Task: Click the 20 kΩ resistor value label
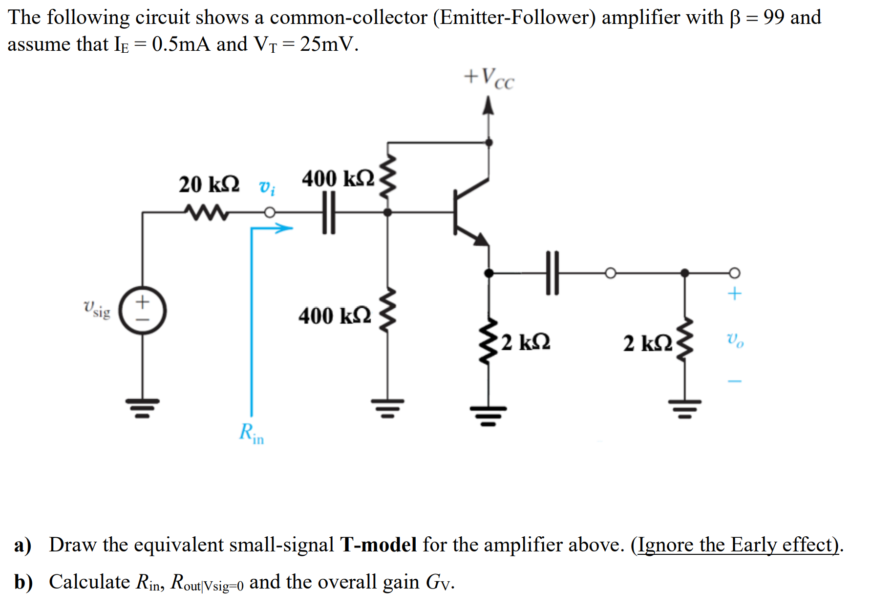[209, 185]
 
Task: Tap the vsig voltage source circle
[143, 311]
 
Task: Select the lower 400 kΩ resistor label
[335, 316]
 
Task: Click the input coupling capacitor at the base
[329, 212]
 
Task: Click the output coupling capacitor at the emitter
[552, 273]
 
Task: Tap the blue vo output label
[735, 339]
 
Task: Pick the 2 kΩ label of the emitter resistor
[526, 342]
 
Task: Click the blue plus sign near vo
[734, 294]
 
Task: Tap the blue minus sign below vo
[735, 381]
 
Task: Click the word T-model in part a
[378, 545]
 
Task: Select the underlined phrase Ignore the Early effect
[738, 545]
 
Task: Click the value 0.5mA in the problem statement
[181, 44]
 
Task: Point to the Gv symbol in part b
[440, 582]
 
